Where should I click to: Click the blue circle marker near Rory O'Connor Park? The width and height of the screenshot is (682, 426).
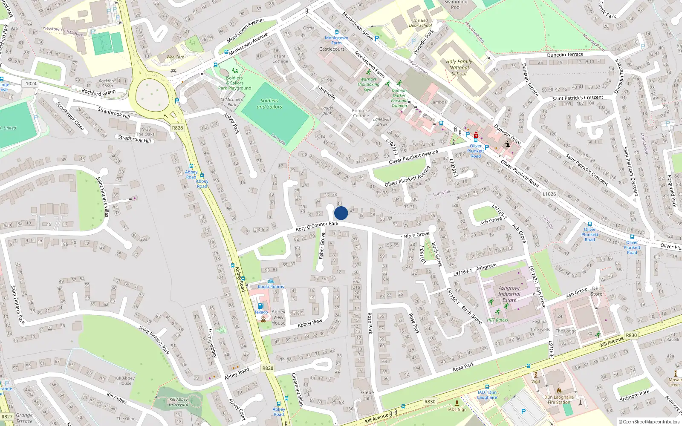(x=341, y=213)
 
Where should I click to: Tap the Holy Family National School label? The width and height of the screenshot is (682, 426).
(x=459, y=67)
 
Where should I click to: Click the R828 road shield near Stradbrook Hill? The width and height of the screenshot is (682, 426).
(x=177, y=128)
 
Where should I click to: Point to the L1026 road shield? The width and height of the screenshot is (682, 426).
(x=549, y=194)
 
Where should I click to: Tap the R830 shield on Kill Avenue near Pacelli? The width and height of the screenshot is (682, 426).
(x=631, y=335)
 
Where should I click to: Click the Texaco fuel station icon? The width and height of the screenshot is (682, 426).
(x=260, y=306)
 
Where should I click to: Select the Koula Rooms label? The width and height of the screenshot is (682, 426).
(x=271, y=287)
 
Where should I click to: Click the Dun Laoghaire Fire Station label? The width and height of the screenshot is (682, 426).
(x=559, y=400)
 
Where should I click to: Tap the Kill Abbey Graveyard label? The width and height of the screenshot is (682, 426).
(x=179, y=402)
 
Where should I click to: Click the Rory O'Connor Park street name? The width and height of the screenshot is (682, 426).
(x=317, y=226)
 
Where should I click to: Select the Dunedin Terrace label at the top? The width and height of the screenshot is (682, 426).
(x=565, y=55)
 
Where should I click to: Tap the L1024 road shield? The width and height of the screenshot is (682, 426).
(x=30, y=83)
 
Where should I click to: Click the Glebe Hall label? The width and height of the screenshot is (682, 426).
(x=367, y=395)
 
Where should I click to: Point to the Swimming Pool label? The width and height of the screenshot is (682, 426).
(x=456, y=5)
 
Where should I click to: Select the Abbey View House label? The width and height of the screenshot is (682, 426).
(x=278, y=317)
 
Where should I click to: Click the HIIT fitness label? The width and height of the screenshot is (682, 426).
(x=497, y=320)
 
